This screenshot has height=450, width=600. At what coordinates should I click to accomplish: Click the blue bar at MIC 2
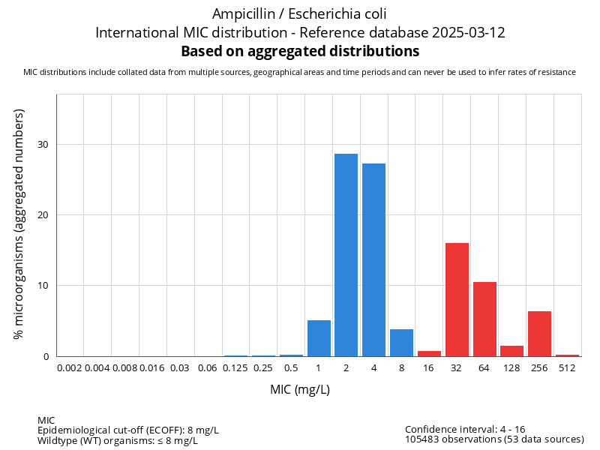click(x=346, y=255)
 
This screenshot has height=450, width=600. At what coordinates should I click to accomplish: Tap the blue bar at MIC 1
click(x=319, y=338)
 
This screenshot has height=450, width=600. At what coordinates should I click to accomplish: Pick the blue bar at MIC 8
click(x=401, y=343)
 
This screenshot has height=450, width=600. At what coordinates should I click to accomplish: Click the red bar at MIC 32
click(x=457, y=299)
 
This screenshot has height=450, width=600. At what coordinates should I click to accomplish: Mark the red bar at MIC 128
click(x=511, y=351)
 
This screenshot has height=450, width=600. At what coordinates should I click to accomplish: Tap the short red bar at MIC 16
click(x=429, y=353)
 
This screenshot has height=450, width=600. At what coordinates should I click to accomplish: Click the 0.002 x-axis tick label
click(x=70, y=367)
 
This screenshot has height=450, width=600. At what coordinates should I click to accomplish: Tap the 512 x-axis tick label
click(x=567, y=367)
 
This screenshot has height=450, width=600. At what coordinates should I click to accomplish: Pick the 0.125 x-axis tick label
click(x=235, y=367)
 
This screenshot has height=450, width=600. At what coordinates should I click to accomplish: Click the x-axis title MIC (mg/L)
click(x=300, y=390)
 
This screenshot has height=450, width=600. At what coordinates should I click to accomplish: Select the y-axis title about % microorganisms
click(x=19, y=223)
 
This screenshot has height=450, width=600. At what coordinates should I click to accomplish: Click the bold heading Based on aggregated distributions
click(x=300, y=52)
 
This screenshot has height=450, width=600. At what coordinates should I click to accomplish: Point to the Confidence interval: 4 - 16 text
click(x=465, y=430)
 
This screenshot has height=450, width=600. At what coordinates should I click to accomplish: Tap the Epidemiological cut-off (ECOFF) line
click(x=128, y=430)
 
